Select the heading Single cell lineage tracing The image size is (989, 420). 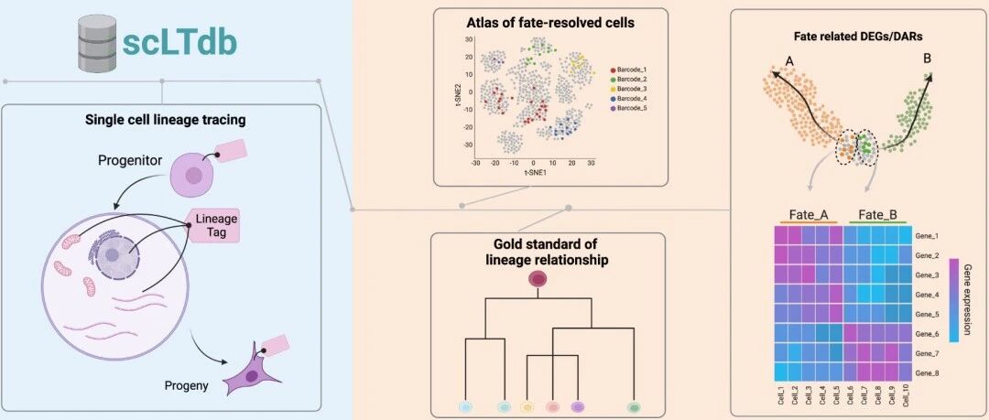point(162,119)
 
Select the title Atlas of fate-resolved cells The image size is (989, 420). point(525,21)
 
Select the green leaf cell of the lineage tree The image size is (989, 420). point(632,405)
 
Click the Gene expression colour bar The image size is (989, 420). point(953,299)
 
